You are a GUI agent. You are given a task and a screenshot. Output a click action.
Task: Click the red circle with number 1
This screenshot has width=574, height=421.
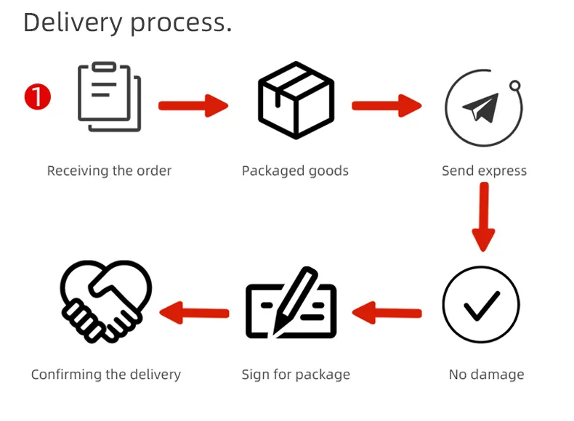pos(38,97)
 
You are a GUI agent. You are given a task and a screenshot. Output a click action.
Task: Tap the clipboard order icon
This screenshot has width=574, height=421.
pos(110,97)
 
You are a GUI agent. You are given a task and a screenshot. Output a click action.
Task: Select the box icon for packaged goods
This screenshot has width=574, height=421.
pos(296,100)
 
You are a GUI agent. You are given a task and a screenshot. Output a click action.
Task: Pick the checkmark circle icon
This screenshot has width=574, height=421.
pos(481,305)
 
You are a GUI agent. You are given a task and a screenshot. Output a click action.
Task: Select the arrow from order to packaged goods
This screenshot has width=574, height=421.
pos(193,105)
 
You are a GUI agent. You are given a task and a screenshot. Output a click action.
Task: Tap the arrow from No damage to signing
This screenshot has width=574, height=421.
pos(387,313)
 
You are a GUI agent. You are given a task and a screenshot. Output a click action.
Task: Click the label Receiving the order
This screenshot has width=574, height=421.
pos(110,171)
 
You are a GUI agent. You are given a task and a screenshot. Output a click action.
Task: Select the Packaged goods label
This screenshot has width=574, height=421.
pos(295,171)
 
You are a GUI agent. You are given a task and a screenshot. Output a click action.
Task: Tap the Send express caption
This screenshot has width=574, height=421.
pos(484,171)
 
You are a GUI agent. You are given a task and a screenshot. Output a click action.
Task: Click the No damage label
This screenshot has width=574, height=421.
pos(486,375)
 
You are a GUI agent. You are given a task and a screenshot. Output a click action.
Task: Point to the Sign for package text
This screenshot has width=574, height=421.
pos(296,375)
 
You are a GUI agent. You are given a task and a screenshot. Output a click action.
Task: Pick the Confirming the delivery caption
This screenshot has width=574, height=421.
pos(106,375)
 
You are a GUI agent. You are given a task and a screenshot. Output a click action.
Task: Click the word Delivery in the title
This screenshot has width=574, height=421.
pos(73,23)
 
